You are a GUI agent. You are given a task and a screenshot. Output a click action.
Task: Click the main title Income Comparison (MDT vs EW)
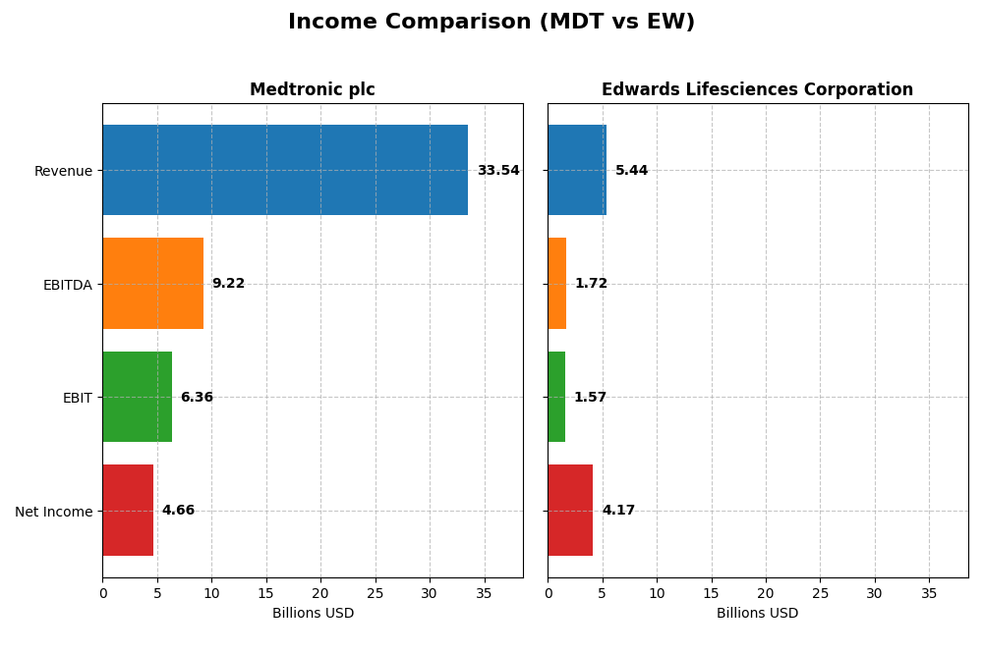coord(491,22)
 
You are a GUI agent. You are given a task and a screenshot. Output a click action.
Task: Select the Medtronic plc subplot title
coord(312,89)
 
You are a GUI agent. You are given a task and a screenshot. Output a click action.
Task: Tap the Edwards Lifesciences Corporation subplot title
coord(757,89)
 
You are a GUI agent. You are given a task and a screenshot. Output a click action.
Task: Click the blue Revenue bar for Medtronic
coord(285,170)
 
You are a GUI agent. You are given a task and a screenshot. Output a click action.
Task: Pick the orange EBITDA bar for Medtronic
coord(152,284)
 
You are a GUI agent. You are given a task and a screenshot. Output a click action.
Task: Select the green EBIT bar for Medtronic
coord(137,397)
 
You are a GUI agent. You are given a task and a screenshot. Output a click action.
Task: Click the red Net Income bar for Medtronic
coord(128,511)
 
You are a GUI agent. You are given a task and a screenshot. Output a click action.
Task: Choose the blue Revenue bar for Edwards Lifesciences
coord(577,170)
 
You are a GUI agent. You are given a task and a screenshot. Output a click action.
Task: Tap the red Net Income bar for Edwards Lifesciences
coord(570,511)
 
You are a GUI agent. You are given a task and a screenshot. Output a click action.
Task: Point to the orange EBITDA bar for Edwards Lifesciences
coord(556,284)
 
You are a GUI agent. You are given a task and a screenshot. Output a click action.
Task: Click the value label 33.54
coord(498,171)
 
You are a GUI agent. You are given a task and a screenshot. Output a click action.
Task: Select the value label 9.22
coord(228,284)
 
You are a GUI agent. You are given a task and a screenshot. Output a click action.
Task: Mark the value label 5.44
coord(631,171)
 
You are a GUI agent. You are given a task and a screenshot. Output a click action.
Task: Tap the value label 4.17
coord(618,511)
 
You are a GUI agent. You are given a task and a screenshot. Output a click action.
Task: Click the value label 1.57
coord(590,398)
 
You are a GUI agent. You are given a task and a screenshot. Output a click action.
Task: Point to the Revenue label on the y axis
coord(63,171)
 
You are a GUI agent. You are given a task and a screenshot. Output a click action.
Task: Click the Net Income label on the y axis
coord(53,512)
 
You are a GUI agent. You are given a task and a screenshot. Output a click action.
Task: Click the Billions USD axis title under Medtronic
coord(313,614)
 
